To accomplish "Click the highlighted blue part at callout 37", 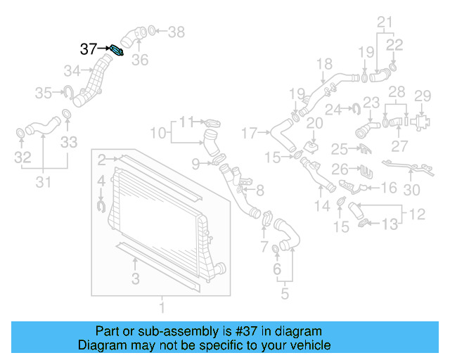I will (117, 51).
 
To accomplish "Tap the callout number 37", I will (88, 49).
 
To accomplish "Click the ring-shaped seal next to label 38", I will (153, 31).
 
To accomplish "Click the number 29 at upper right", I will (422, 96).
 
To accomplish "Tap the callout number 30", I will (412, 189).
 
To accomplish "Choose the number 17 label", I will (250, 131).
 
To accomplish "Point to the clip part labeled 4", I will (101, 205).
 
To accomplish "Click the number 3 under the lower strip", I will (135, 279).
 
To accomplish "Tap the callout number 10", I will (158, 131).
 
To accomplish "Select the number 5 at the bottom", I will (284, 293).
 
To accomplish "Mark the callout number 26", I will (340, 169).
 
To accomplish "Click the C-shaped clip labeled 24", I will (355, 108).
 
